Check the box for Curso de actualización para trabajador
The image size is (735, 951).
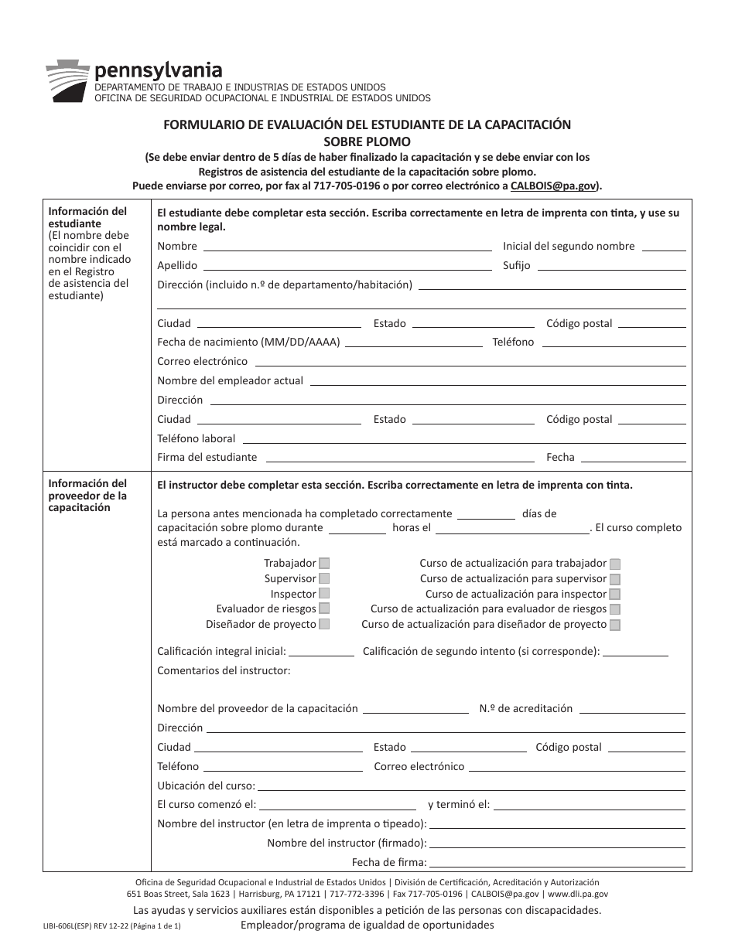pyautogui.click(x=615, y=564)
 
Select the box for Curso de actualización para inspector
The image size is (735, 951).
pyautogui.click(x=615, y=594)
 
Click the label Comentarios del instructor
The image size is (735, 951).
pyautogui.click(x=224, y=670)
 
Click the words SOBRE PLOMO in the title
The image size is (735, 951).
pyautogui.click(x=367, y=141)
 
